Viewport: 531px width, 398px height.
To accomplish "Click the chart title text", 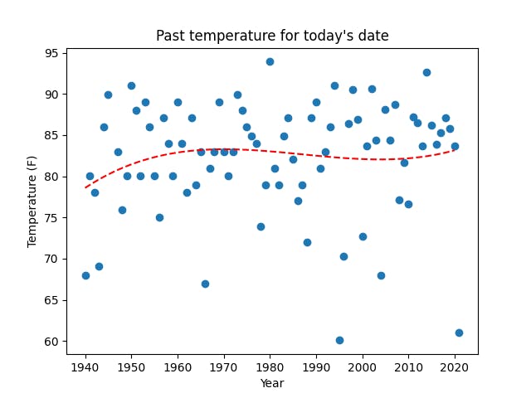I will click(x=272, y=36).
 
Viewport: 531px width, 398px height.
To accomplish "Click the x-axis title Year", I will click(x=271, y=383).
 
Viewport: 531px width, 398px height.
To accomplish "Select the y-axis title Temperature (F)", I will click(x=32, y=201).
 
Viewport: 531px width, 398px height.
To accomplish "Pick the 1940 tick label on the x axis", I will click(x=85, y=366).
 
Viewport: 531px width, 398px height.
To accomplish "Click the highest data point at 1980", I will click(x=270, y=61).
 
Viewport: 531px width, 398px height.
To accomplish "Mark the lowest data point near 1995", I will click(x=339, y=340).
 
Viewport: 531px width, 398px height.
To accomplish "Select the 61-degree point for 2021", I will click(x=459, y=332).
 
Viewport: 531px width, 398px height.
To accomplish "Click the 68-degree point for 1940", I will click(x=85, y=275).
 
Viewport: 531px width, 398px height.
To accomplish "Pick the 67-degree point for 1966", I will click(x=205, y=284).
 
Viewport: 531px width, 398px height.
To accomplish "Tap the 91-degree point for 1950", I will click(x=131, y=85).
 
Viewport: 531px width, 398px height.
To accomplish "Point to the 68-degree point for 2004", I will click(x=381, y=275).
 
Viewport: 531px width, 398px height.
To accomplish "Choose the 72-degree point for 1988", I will click(x=307, y=242).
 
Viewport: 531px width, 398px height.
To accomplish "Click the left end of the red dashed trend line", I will click(x=86, y=187).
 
